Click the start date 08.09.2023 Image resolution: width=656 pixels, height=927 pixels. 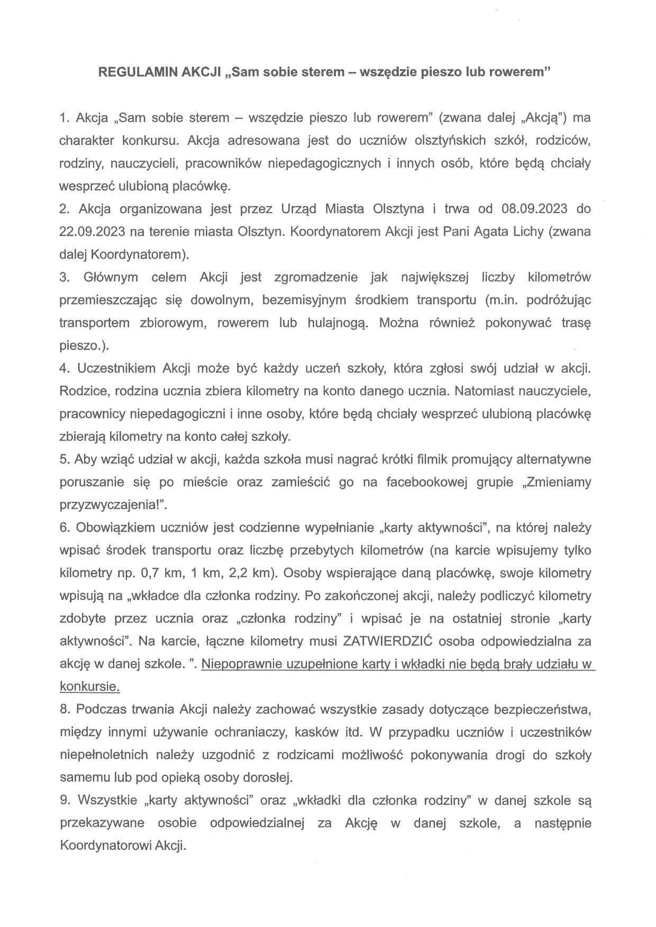coord(533,209)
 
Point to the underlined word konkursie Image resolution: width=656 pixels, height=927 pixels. coord(89,687)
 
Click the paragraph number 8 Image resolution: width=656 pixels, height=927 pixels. coord(64,709)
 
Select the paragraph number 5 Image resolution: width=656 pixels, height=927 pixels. coord(64,459)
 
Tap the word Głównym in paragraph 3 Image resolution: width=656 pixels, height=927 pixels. coord(111,277)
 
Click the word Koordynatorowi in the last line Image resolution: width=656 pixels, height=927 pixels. coord(105,846)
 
